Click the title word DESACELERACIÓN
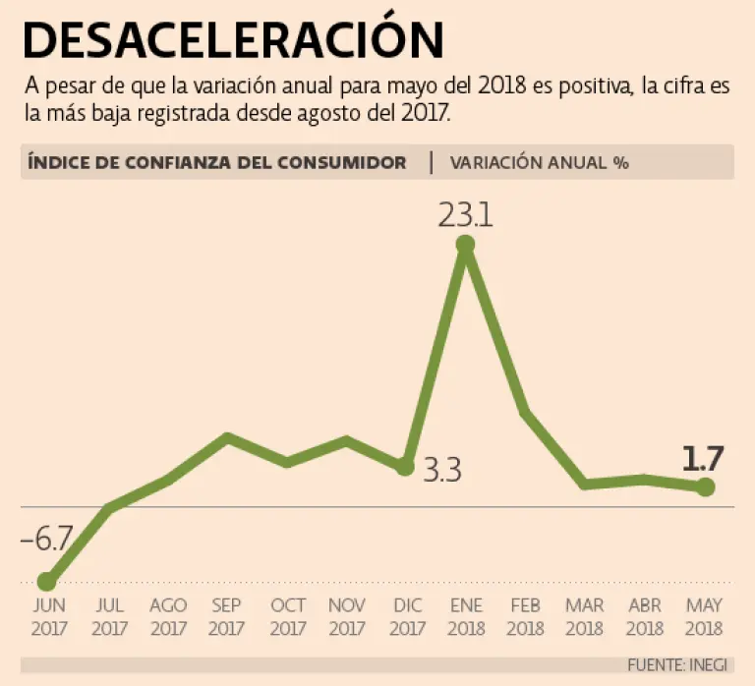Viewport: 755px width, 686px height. [232, 39]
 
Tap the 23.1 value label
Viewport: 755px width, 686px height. [466, 214]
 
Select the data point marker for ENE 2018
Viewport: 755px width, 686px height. [466, 245]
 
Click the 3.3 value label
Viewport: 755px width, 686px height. [442, 471]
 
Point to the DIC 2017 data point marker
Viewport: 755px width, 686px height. [404, 467]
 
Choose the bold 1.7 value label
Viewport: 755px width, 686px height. [703, 458]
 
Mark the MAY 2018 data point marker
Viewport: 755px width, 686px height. [705, 486]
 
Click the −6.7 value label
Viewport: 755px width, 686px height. [47, 540]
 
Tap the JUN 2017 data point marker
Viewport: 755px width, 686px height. [45, 582]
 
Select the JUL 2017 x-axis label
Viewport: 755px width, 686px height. [109, 617]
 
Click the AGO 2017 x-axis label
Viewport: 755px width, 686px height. [168, 617]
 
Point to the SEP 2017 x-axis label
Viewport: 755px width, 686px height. [227, 617]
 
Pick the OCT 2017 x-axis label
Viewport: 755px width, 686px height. [288, 617]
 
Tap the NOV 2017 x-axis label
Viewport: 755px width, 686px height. [347, 617]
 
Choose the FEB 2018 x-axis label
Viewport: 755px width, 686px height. [526, 617]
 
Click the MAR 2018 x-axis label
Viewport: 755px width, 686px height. [585, 617]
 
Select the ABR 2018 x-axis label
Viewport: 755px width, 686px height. [645, 617]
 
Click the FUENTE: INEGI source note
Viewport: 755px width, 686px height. [676, 665]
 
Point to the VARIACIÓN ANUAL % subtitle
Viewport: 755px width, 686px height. [539, 163]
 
